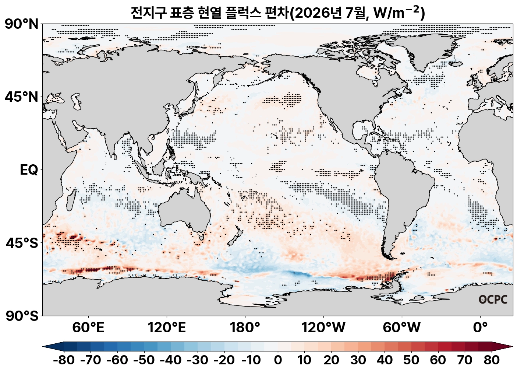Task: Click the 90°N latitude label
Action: (x=21, y=24)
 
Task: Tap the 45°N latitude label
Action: (x=21, y=97)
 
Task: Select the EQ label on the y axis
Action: (x=29, y=170)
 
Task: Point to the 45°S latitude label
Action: (x=22, y=243)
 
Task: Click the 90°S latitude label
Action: (x=22, y=316)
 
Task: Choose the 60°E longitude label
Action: (x=88, y=328)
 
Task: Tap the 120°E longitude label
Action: (x=167, y=328)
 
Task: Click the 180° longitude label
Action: (x=245, y=328)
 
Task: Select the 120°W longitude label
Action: (x=323, y=328)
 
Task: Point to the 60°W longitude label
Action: (x=402, y=328)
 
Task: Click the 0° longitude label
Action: (x=480, y=328)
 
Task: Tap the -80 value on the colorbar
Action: (x=64, y=360)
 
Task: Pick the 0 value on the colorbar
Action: (x=278, y=360)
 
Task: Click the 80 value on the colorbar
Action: (x=492, y=360)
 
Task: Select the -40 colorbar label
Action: (x=171, y=360)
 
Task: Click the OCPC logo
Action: (x=493, y=300)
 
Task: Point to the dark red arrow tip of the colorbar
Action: (x=512, y=347)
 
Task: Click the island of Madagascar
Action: (x=71, y=200)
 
